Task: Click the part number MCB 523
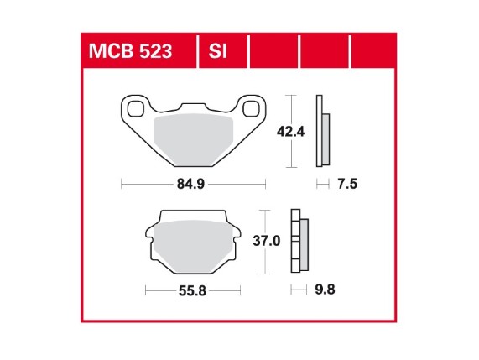click(130, 53)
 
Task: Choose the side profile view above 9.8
click(298, 242)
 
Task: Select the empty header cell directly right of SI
click(274, 53)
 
